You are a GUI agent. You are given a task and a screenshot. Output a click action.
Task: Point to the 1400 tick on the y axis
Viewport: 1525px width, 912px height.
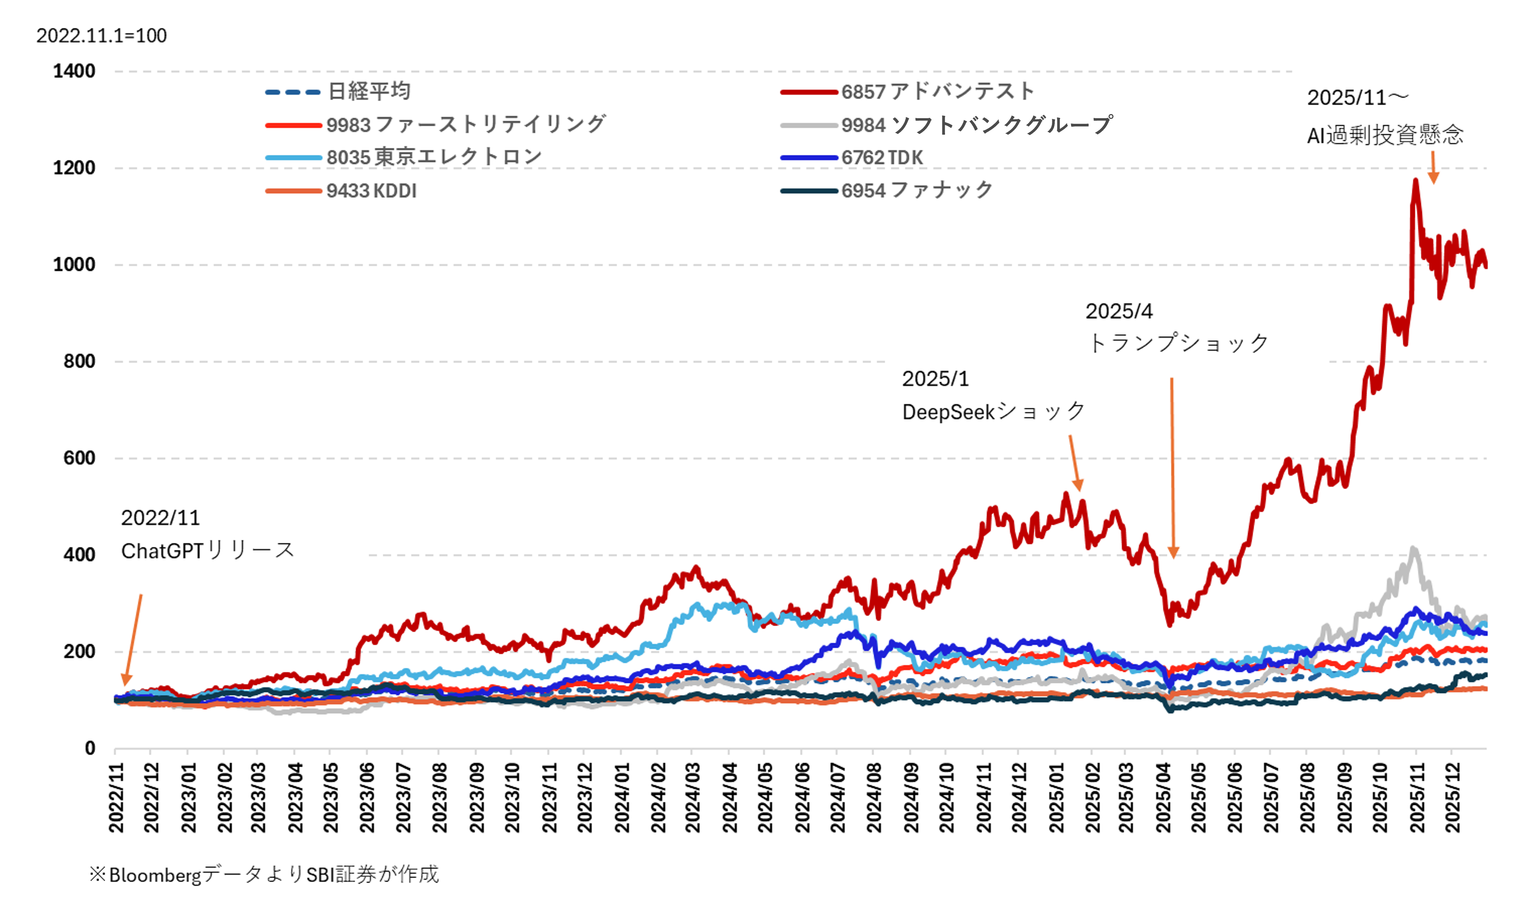coord(74,71)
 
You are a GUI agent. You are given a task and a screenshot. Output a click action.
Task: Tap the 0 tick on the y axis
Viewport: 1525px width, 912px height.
coord(90,748)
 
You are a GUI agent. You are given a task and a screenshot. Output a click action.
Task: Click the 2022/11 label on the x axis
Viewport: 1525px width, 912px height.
coord(116,798)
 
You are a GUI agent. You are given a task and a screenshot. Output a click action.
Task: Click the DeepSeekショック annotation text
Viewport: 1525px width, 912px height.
coord(993,412)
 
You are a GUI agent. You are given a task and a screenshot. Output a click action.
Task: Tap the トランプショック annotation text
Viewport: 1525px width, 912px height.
coord(1178,344)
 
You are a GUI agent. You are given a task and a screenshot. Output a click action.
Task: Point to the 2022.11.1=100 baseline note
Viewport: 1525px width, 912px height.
coord(101,36)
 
